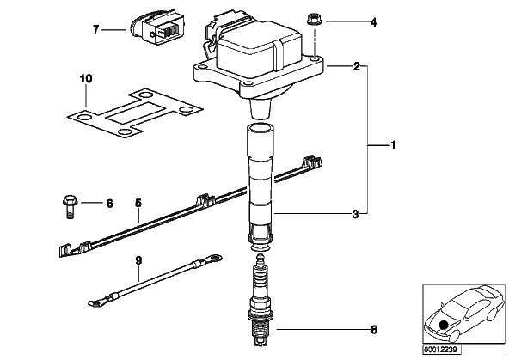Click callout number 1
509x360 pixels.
[393, 145]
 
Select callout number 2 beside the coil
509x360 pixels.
[357, 66]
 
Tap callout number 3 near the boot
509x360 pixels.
[355, 214]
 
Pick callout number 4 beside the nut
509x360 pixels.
[374, 22]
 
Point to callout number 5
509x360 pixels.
[138, 204]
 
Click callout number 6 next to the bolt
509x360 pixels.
[109, 204]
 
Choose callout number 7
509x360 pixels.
[95, 30]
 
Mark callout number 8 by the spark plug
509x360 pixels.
[374, 330]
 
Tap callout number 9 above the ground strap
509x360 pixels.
[138, 260]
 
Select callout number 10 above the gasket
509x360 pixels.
[86, 79]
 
